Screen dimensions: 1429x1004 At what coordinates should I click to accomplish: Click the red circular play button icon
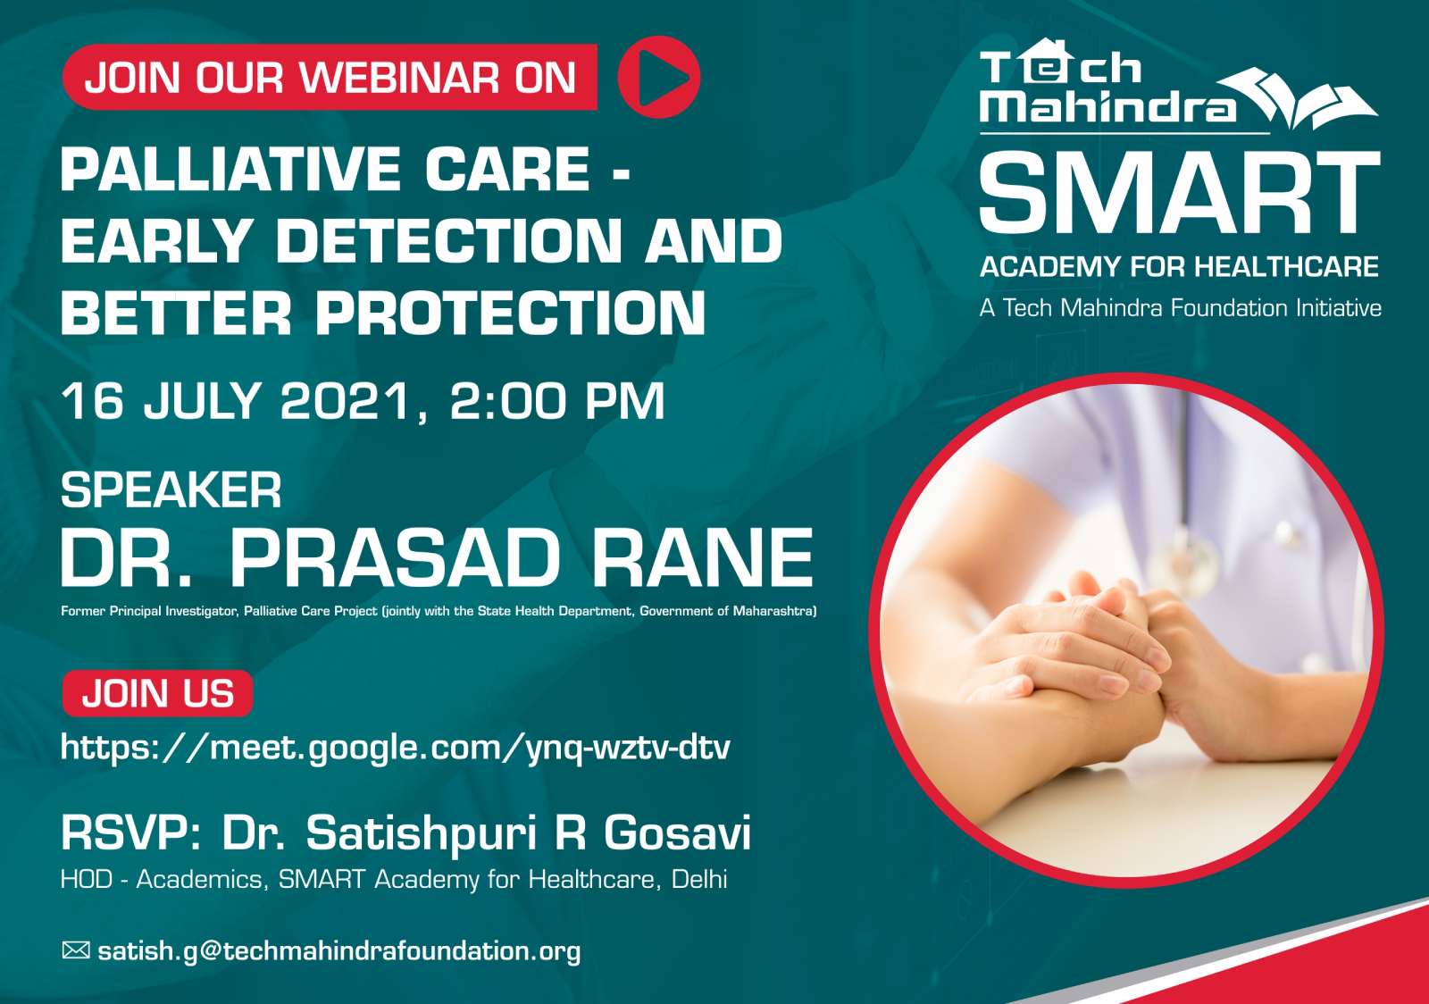(658, 77)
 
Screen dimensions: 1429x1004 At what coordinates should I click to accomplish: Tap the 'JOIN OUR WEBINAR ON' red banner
(330, 77)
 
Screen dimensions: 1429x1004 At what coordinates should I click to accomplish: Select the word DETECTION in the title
(448, 241)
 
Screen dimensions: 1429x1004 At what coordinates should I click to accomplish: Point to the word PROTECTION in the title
(510, 313)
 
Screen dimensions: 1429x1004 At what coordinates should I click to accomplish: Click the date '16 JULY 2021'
(236, 401)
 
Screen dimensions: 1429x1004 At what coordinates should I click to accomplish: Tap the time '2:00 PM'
(557, 401)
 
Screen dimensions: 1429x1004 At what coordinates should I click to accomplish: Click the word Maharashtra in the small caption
(774, 611)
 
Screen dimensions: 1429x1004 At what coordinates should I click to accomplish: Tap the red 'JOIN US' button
(157, 693)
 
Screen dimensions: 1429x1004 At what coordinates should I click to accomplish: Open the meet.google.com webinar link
(396, 748)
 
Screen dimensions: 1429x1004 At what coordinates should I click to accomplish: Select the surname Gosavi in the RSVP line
(677, 833)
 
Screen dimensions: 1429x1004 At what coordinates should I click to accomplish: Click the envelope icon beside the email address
(75, 950)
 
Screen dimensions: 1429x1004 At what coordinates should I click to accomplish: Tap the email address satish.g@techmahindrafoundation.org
(339, 951)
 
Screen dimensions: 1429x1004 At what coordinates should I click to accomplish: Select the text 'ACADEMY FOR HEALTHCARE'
(1180, 266)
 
